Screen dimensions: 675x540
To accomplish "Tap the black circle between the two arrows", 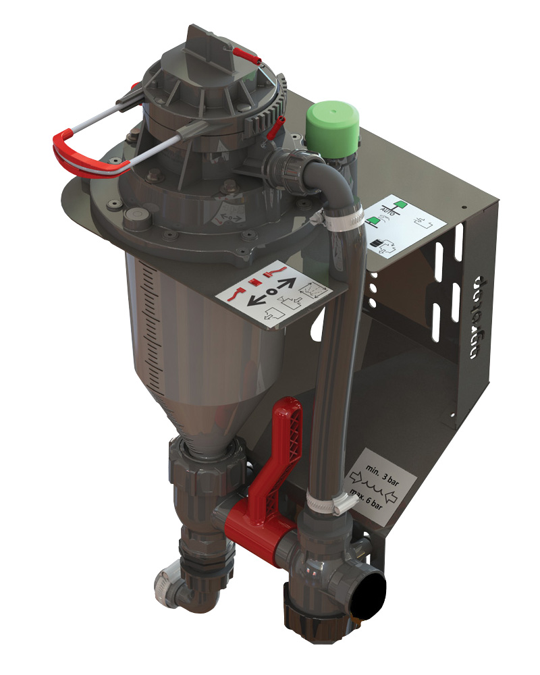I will (x=270, y=291).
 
